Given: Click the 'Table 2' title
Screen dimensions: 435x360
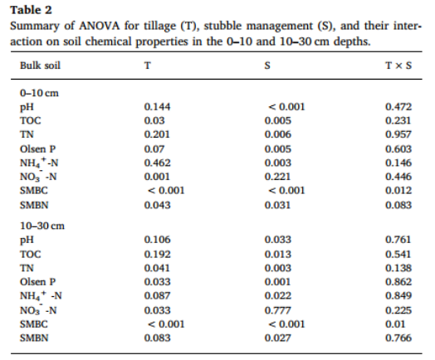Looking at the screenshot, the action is click(31, 10).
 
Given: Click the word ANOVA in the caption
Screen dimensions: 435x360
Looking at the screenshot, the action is click(100, 26).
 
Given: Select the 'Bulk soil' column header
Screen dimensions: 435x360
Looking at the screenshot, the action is click(40, 66).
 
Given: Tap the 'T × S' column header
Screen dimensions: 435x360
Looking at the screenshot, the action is click(398, 66).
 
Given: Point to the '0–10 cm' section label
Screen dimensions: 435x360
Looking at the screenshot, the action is click(39, 93).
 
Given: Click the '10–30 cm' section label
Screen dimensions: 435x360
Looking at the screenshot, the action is click(42, 226).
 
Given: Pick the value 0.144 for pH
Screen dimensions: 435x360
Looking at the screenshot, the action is click(157, 107).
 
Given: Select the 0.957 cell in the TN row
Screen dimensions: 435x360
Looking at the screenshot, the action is click(398, 134).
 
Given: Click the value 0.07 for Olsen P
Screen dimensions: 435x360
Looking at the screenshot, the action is click(154, 148).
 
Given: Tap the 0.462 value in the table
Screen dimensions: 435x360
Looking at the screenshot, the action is click(157, 163).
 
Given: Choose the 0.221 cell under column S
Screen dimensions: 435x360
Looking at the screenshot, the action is click(277, 177).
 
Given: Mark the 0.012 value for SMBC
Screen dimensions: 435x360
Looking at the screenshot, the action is click(398, 191).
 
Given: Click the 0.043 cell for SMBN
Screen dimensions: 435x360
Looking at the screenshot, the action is click(157, 205).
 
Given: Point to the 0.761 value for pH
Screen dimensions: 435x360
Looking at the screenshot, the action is click(398, 240).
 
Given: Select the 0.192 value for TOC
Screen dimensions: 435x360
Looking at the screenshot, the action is click(157, 254).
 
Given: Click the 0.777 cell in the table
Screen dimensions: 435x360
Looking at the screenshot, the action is click(277, 310).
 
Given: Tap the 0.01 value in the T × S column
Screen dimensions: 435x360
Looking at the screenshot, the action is click(395, 324).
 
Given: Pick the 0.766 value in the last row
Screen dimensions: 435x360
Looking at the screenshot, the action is click(398, 338).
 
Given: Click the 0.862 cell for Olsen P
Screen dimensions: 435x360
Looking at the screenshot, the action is click(398, 282).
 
